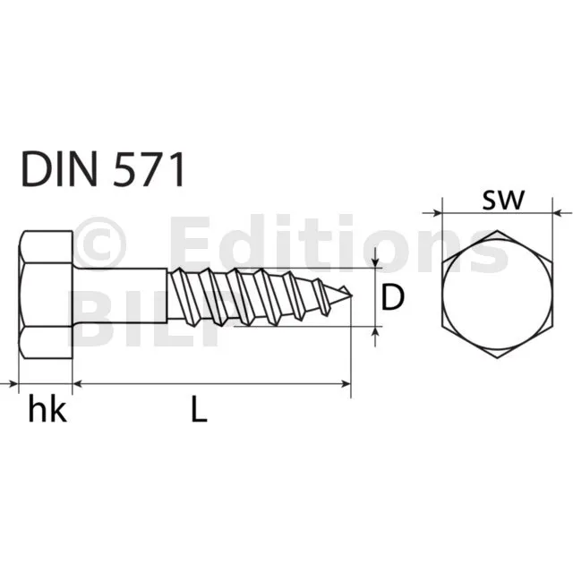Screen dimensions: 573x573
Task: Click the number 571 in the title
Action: tap(148, 169)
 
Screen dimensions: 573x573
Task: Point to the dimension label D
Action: tap(392, 297)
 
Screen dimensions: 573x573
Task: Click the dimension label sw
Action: tap(503, 201)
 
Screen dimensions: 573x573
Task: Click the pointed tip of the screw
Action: tap(351, 295)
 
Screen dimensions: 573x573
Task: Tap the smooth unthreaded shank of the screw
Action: tap(121, 295)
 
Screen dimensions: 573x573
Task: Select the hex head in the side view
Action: tap(46, 295)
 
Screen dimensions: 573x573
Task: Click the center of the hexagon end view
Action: tap(497, 295)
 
